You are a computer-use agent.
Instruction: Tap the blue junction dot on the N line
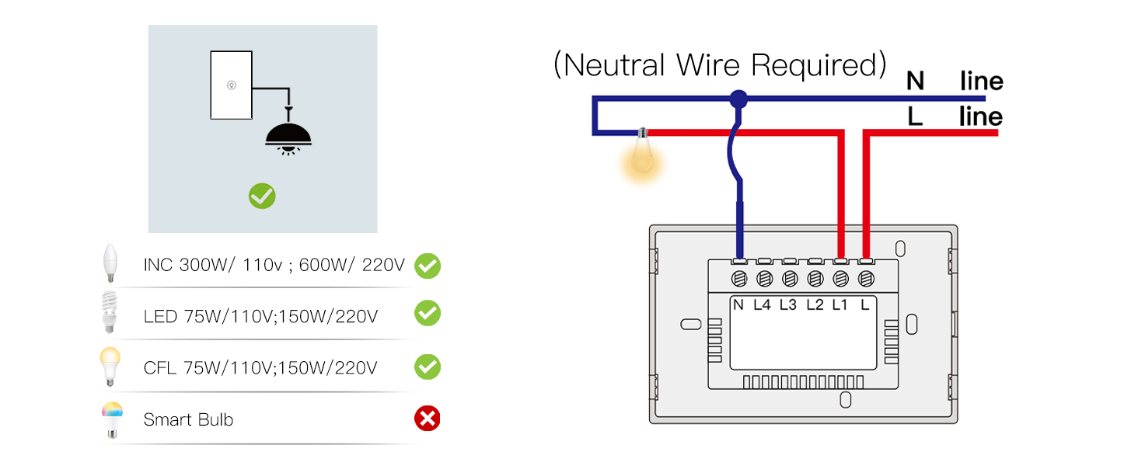click(x=738, y=99)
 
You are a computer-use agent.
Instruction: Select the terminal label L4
click(x=763, y=305)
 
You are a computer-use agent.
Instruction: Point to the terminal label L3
click(x=788, y=305)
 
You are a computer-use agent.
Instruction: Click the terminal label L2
click(x=815, y=305)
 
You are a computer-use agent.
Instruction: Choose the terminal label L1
click(x=840, y=305)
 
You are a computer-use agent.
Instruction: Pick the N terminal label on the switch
click(x=738, y=305)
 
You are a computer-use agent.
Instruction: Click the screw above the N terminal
click(x=739, y=277)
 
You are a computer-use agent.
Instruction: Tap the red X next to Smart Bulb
click(x=427, y=419)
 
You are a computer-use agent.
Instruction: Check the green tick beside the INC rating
click(x=427, y=266)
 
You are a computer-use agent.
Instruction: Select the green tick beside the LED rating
click(x=427, y=314)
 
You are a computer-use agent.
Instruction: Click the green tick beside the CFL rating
click(x=427, y=367)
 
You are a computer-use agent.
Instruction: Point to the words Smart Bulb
click(x=188, y=420)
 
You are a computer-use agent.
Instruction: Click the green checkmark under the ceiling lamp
click(x=262, y=196)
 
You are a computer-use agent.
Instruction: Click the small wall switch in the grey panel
click(x=231, y=85)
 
